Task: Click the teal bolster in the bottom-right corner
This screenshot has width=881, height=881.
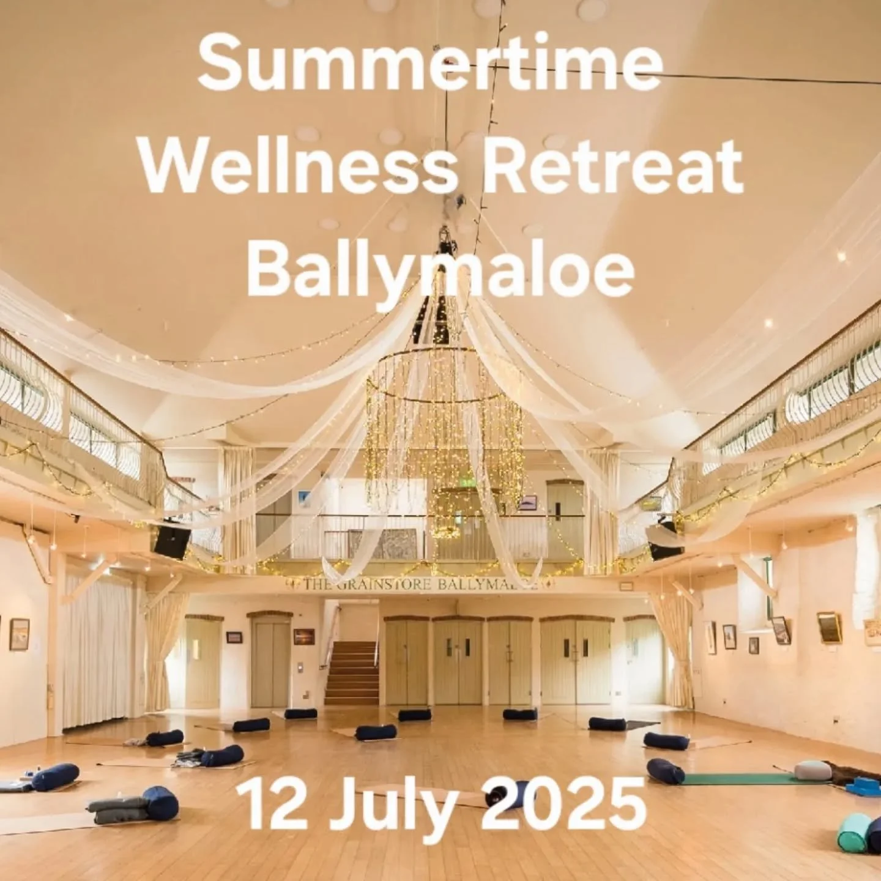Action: point(854,832)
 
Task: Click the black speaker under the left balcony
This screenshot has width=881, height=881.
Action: point(171,541)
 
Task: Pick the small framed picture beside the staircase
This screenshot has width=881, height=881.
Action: point(303,636)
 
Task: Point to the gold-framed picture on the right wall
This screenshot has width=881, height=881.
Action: point(829,628)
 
